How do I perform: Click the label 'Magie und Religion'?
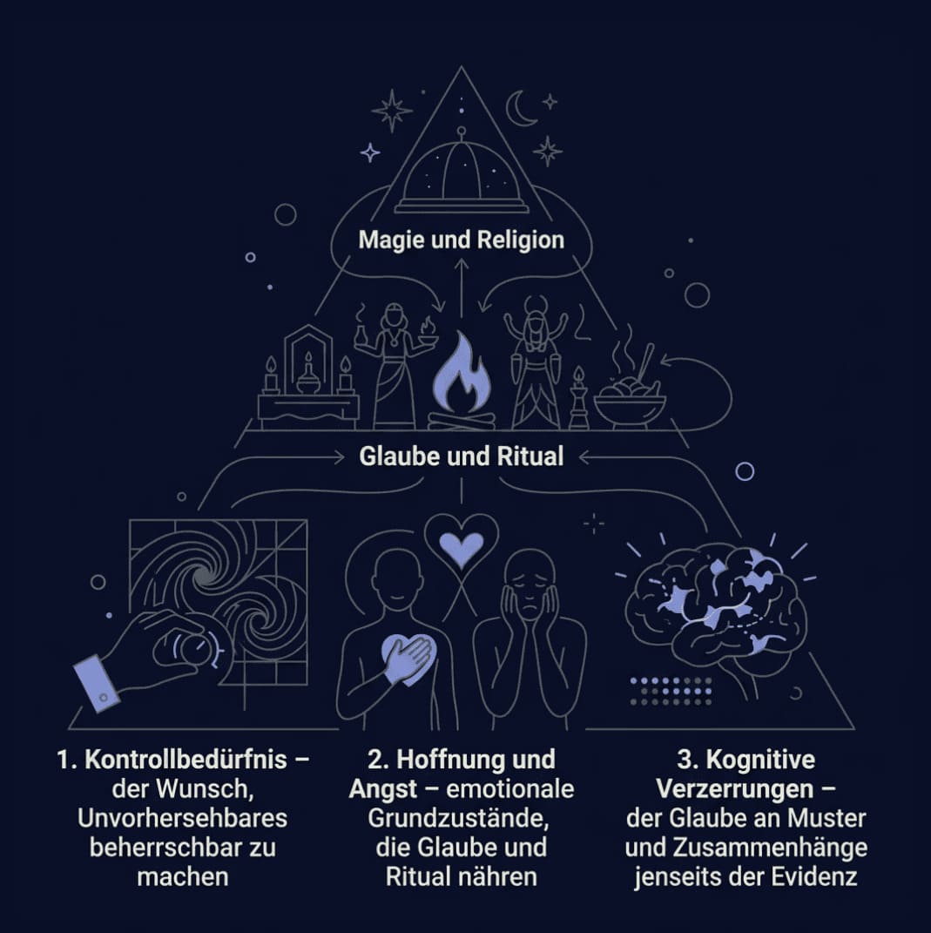[461, 240]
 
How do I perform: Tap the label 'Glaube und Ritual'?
[461, 456]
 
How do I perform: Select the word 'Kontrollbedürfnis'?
[186, 760]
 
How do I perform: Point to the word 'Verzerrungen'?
[735, 789]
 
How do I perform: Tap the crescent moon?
[520, 108]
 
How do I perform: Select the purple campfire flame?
[461, 374]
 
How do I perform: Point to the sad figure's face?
[530, 586]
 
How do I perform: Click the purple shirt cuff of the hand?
[96, 682]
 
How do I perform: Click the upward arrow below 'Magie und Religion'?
[462, 287]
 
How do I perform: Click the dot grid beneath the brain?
[671, 692]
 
